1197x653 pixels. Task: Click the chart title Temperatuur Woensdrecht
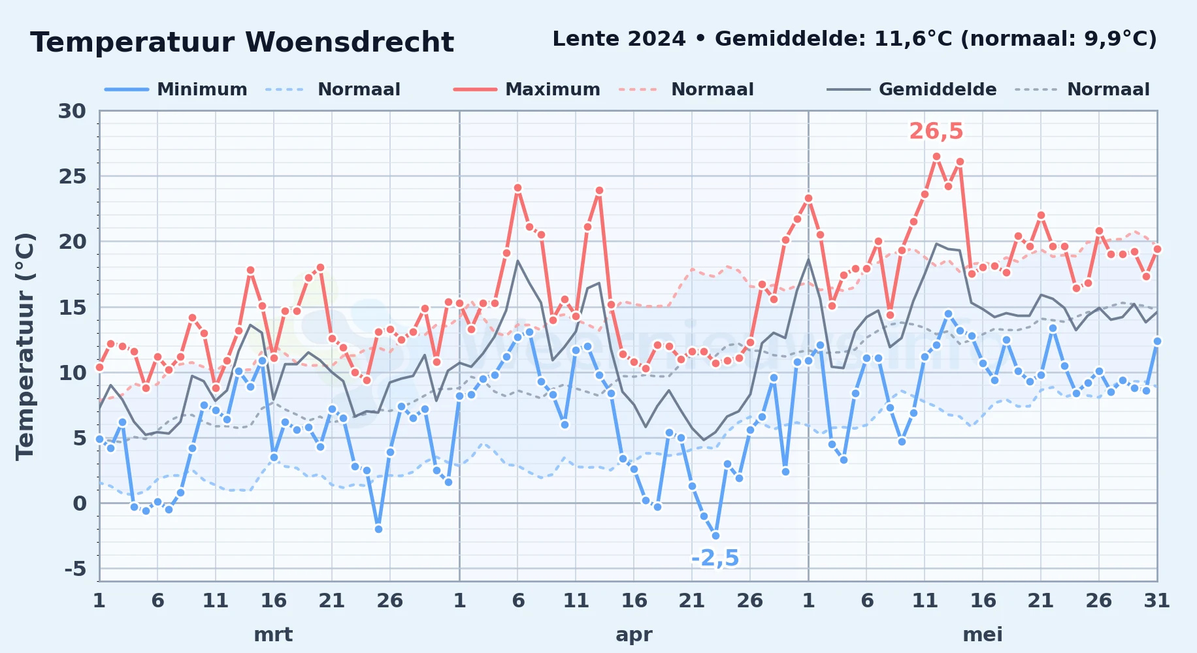pyautogui.click(x=242, y=42)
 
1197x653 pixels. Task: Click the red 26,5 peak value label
pyautogui.click(x=936, y=131)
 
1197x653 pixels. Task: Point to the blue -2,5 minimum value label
pyautogui.click(x=715, y=558)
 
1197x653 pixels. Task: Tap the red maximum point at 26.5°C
pyautogui.click(x=936, y=157)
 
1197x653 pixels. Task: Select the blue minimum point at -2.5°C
pyautogui.click(x=715, y=535)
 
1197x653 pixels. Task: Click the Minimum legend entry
pyautogui.click(x=176, y=89)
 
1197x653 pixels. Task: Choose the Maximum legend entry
pyautogui.click(x=527, y=89)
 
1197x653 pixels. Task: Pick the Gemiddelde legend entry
pyautogui.click(x=912, y=89)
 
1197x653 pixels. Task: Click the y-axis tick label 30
pyautogui.click(x=72, y=111)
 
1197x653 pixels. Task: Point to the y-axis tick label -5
pyautogui.click(x=75, y=569)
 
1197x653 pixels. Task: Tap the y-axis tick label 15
pyautogui.click(x=72, y=307)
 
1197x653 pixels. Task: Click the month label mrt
pyautogui.click(x=273, y=635)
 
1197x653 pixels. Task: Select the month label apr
pyautogui.click(x=634, y=635)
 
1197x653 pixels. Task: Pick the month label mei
pyautogui.click(x=983, y=635)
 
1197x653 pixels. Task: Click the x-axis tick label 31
pyautogui.click(x=1156, y=600)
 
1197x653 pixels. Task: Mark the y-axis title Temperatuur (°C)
pyautogui.click(x=25, y=346)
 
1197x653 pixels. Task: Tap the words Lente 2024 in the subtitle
pyautogui.click(x=619, y=39)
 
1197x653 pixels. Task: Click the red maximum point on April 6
pyautogui.click(x=517, y=188)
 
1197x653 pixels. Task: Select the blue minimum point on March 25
pyautogui.click(x=378, y=529)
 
